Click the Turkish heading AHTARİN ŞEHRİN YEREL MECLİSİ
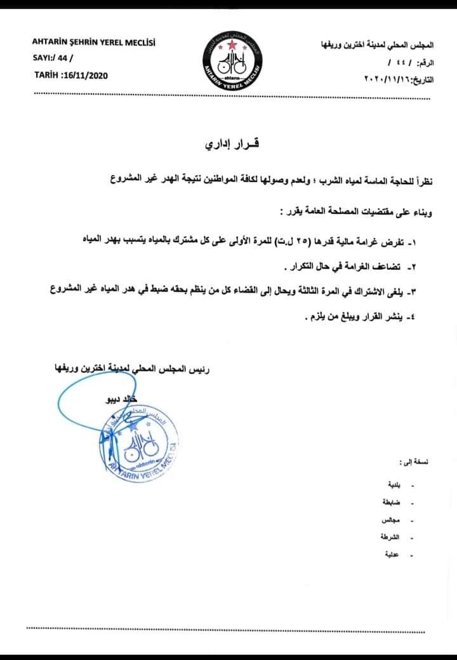click(x=93, y=43)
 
